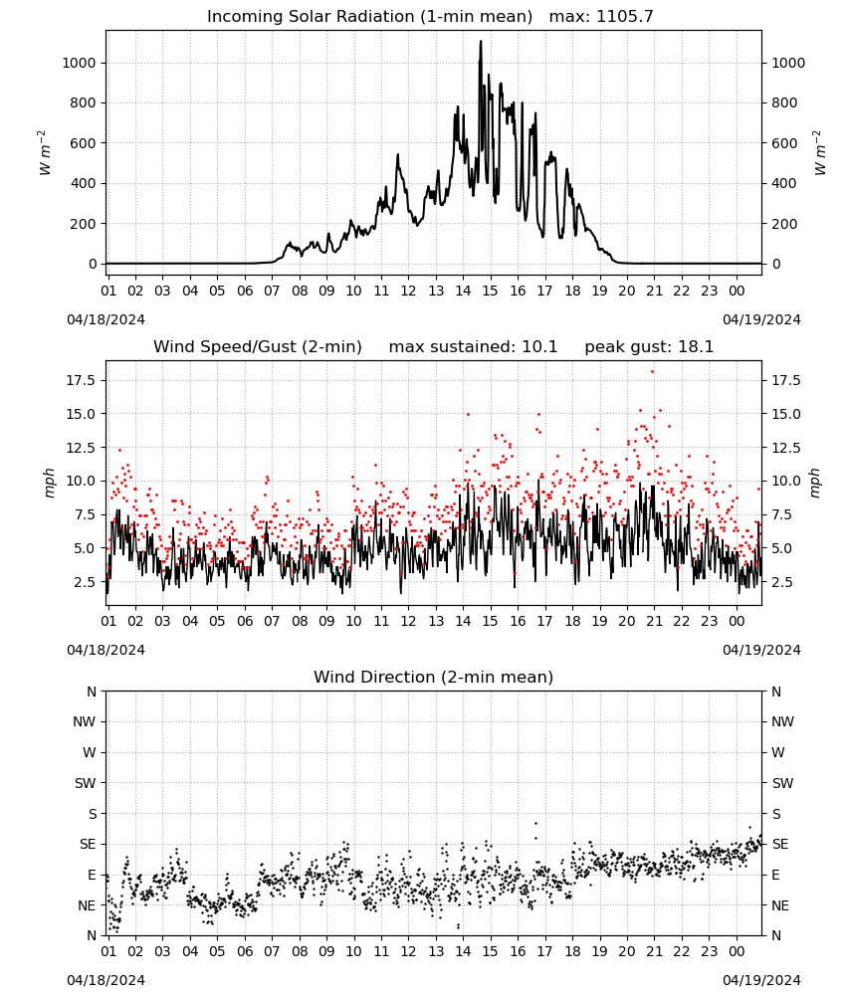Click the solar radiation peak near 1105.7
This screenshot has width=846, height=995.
point(481,42)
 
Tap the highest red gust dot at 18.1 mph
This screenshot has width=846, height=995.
point(653,372)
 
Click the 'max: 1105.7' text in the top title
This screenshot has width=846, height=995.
point(601,17)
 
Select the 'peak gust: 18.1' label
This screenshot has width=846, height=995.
point(649,347)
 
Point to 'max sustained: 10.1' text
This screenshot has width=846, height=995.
point(473,347)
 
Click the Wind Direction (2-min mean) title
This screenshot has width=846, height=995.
point(434,677)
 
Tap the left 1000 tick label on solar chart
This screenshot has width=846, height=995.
point(79,63)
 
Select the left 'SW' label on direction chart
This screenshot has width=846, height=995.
point(85,784)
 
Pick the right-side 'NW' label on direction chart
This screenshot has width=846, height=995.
point(782,722)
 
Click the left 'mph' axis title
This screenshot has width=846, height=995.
point(50,484)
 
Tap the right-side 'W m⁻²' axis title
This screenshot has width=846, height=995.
point(820,153)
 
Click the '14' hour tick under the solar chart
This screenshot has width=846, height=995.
point(463,291)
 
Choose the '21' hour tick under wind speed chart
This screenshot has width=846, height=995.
point(654,621)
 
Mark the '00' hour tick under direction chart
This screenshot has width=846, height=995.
point(737,951)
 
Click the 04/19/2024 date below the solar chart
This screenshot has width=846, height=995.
point(761,319)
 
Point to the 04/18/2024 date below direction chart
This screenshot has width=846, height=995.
point(106,980)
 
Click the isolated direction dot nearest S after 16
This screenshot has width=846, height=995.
point(535,823)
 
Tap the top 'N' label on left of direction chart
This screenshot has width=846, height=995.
point(92,692)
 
